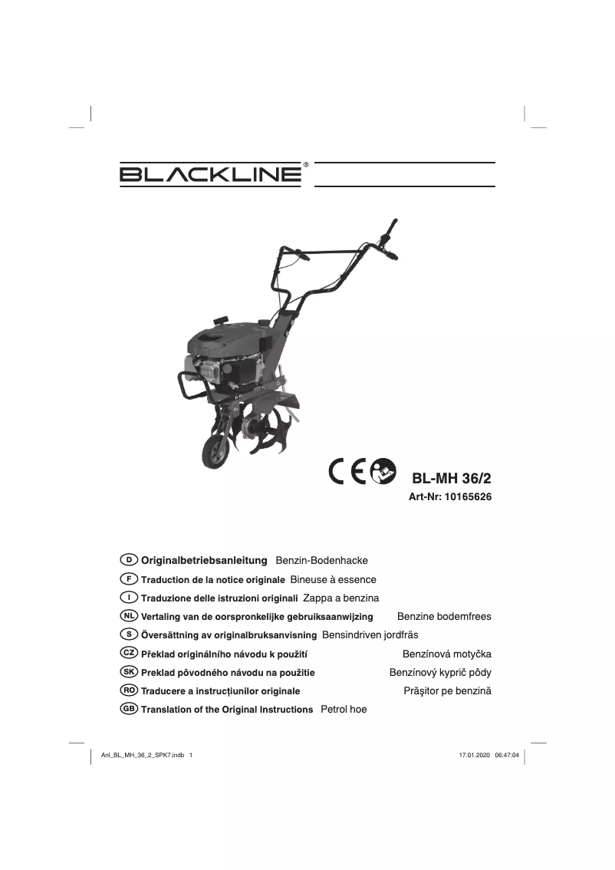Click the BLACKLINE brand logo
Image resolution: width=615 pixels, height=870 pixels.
pyautogui.click(x=209, y=174)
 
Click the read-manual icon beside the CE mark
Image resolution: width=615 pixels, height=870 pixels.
pyautogui.click(x=383, y=472)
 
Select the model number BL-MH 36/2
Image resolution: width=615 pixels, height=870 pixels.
pyautogui.click(x=451, y=477)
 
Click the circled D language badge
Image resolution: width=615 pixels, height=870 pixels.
pyautogui.click(x=130, y=560)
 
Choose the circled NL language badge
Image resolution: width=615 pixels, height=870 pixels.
pyautogui.click(x=130, y=615)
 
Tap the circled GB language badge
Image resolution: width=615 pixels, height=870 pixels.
pyautogui.click(x=130, y=708)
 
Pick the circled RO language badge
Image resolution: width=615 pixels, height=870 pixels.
pyautogui.click(x=130, y=690)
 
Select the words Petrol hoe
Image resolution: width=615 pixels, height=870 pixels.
pyautogui.click(x=343, y=710)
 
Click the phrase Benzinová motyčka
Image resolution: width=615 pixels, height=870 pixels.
pyautogui.click(x=446, y=654)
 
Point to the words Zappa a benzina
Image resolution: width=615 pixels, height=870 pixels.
pyautogui.click(x=341, y=598)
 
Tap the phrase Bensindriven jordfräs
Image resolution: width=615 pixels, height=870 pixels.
pyautogui.click(x=370, y=635)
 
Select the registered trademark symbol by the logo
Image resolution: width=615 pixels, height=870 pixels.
pyautogui.click(x=306, y=164)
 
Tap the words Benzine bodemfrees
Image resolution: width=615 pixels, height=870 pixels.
pyautogui.click(x=444, y=617)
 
